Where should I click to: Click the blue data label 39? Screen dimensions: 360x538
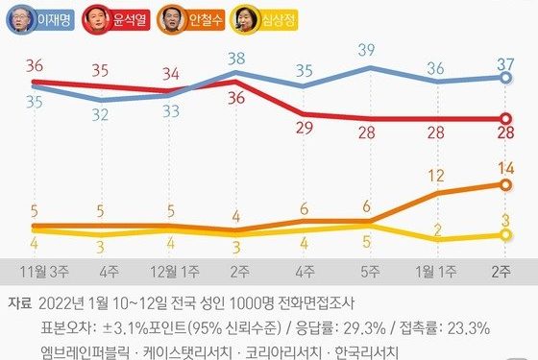366,49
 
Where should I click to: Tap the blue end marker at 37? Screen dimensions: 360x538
502,79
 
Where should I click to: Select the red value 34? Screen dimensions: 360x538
170,73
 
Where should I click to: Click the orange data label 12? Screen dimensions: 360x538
437,176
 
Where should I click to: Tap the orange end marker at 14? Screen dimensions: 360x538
502,184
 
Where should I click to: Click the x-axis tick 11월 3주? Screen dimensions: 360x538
37,271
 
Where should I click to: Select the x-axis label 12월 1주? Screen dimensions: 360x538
170,271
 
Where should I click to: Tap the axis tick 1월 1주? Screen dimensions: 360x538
436,271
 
